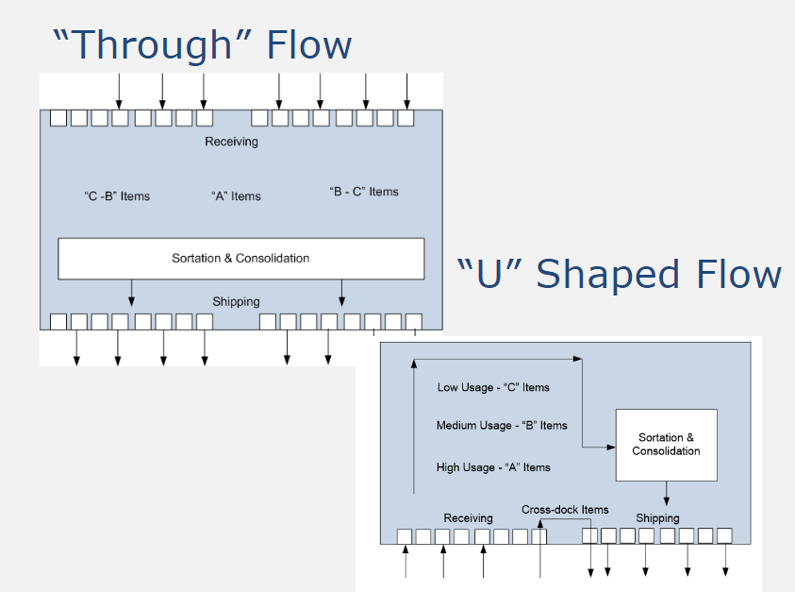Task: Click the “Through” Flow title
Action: (203, 44)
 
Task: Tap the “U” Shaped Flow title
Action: (619, 275)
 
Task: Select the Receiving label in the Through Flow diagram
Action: (231, 142)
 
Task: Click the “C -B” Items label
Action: (117, 196)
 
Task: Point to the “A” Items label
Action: (236, 196)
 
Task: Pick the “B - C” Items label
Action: (364, 192)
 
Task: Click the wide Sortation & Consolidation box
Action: (240, 258)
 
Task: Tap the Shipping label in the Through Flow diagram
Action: (236, 302)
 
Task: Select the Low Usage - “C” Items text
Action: (493, 387)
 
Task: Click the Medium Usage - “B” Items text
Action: (502, 426)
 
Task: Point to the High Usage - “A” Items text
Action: (493, 467)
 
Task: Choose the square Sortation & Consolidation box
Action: (666, 445)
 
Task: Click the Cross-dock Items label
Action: (565, 510)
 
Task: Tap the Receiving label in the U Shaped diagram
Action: (468, 518)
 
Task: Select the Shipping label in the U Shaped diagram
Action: (657, 518)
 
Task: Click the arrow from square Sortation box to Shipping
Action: (667, 493)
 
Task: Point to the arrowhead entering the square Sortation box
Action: (610, 446)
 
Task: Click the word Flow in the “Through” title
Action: (309, 44)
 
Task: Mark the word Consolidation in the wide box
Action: (273, 258)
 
